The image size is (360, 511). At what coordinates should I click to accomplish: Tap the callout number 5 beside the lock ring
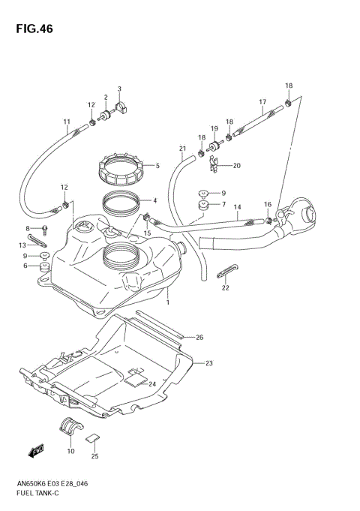[x=157, y=166]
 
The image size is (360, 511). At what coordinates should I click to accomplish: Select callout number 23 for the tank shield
[x=209, y=363]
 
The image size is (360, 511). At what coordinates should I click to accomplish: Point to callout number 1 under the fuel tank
[x=168, y=303]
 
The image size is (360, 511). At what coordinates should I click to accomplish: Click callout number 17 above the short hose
[x=262, y=101]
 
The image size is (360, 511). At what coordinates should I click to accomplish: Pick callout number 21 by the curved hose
[x=181, y=149]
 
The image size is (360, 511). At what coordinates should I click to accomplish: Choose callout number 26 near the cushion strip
[x=199, y=338]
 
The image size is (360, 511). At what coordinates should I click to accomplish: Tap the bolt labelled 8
[x=44, y=227]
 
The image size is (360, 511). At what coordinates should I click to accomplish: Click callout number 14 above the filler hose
[x=237, y=207]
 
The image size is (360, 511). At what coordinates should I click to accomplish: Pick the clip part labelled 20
[x=214, y=161]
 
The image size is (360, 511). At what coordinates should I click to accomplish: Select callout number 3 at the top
[x=118, y=89]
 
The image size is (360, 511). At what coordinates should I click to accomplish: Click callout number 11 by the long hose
[x=66, y=122]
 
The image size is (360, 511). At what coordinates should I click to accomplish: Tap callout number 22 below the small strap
[x=225, y=287]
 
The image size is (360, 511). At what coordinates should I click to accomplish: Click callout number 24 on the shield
[x=152, y=383]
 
